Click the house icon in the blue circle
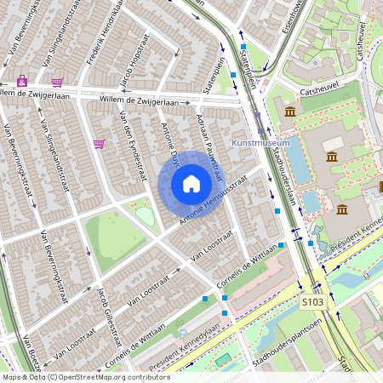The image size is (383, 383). [191, 184]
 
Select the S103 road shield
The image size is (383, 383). [312, 301]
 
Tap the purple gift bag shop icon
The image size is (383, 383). [22, 81]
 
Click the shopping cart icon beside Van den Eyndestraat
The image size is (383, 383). [100, 144]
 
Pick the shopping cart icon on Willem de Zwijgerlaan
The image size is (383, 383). [57, 82]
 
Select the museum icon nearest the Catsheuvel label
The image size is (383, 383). [290, 112]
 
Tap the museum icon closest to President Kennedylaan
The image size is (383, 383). [341, 209]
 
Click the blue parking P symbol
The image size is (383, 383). [182, 333]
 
